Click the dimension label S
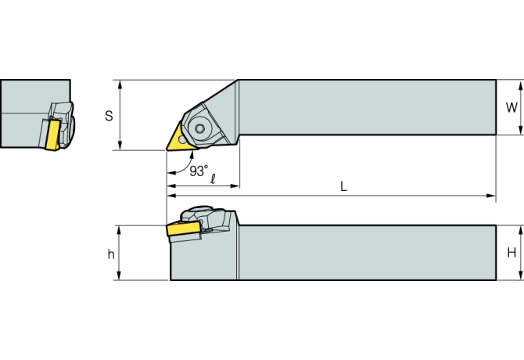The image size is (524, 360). (x=109, y=115)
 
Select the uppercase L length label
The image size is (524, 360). (x=343, y=186)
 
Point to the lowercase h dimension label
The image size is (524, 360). (x=111, y=254)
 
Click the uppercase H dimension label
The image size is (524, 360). (x=511, y=252)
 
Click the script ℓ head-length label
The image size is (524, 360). (x=213, y=178)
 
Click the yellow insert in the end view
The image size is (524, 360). (x=54, y=134)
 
